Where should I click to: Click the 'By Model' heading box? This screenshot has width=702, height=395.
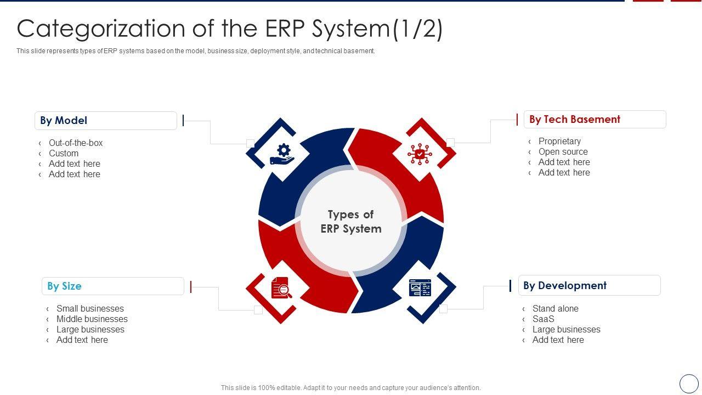pos(105,121)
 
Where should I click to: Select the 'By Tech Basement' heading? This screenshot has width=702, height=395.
pos(595,120)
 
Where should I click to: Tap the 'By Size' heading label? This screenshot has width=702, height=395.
pos(112,286)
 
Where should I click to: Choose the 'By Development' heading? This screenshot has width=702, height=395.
pos(589,286)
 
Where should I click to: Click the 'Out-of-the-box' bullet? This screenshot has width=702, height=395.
pos(76,143)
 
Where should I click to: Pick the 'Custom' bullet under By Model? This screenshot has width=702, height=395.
pos(64,154)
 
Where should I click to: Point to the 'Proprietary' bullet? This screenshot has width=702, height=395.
pos(559,142)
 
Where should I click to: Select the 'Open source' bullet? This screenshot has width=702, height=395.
pos(563,152)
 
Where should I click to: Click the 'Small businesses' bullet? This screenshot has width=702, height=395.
pos(90,309)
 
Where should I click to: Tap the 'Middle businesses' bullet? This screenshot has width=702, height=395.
pos(92,319)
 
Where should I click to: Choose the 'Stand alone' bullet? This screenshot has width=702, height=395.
pos(555,309)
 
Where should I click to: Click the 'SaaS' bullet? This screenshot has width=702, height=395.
pos(543,319)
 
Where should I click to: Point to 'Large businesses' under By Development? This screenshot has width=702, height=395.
pos(566,330)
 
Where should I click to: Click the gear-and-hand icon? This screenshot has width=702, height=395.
pos(282,154)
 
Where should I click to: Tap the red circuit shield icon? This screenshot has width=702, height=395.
pos(420,154)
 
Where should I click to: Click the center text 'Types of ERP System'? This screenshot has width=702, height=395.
pos(351,222)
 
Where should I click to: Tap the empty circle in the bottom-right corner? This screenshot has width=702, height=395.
pos(689,383)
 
